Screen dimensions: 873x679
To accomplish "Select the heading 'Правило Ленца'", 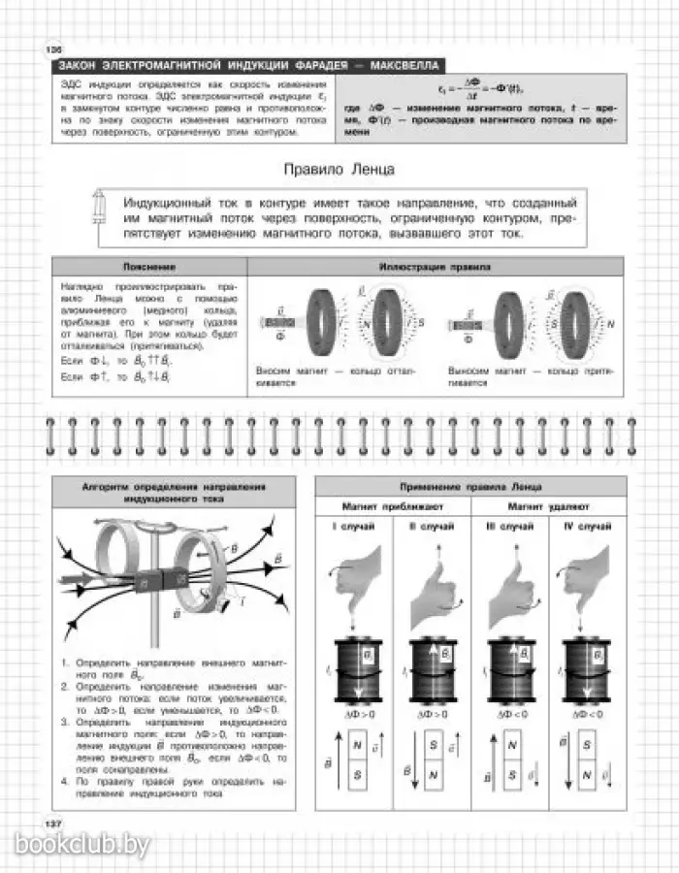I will click(x=339, y=169).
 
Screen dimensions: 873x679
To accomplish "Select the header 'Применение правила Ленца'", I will click(x=470, y=486).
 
